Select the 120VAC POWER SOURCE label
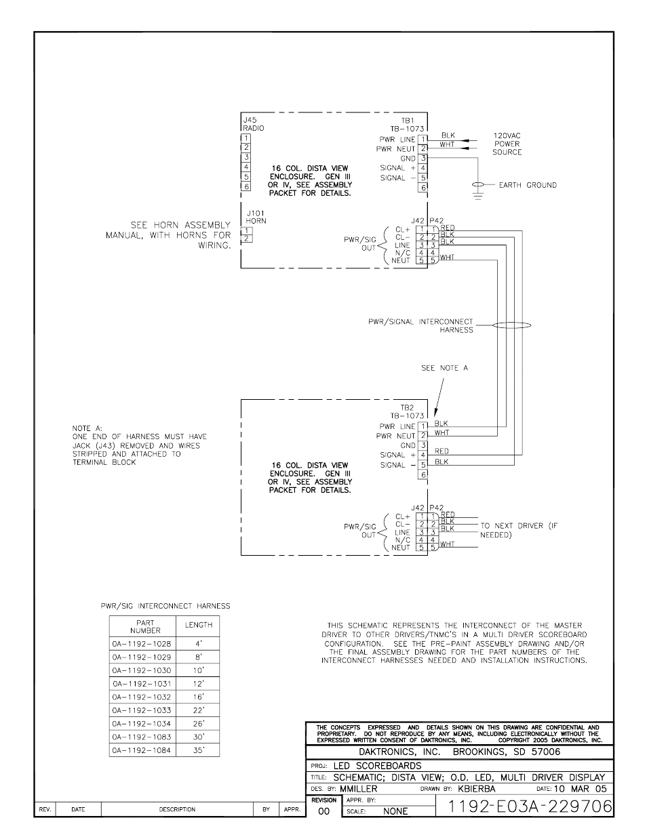tap(507, 144)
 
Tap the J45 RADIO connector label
tap(253, 124)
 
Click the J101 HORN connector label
tap(256, 216)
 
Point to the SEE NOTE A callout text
tap(444, 368)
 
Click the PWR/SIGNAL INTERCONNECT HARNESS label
tap(420, 326)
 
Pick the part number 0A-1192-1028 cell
tap(142, 643)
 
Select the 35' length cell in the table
tap(198, 750)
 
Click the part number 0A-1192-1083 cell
tap(142, 737)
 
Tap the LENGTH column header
tap(198, 625)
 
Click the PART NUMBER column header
tap(144, 626)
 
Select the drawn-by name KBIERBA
tap(476, 789)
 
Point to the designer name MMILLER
tap(358, 789)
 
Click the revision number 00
tap(323, 811)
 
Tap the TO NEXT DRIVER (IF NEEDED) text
tap(518, 530)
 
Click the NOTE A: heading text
tap(86, 428)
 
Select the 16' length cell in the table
tap(198, 697)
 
